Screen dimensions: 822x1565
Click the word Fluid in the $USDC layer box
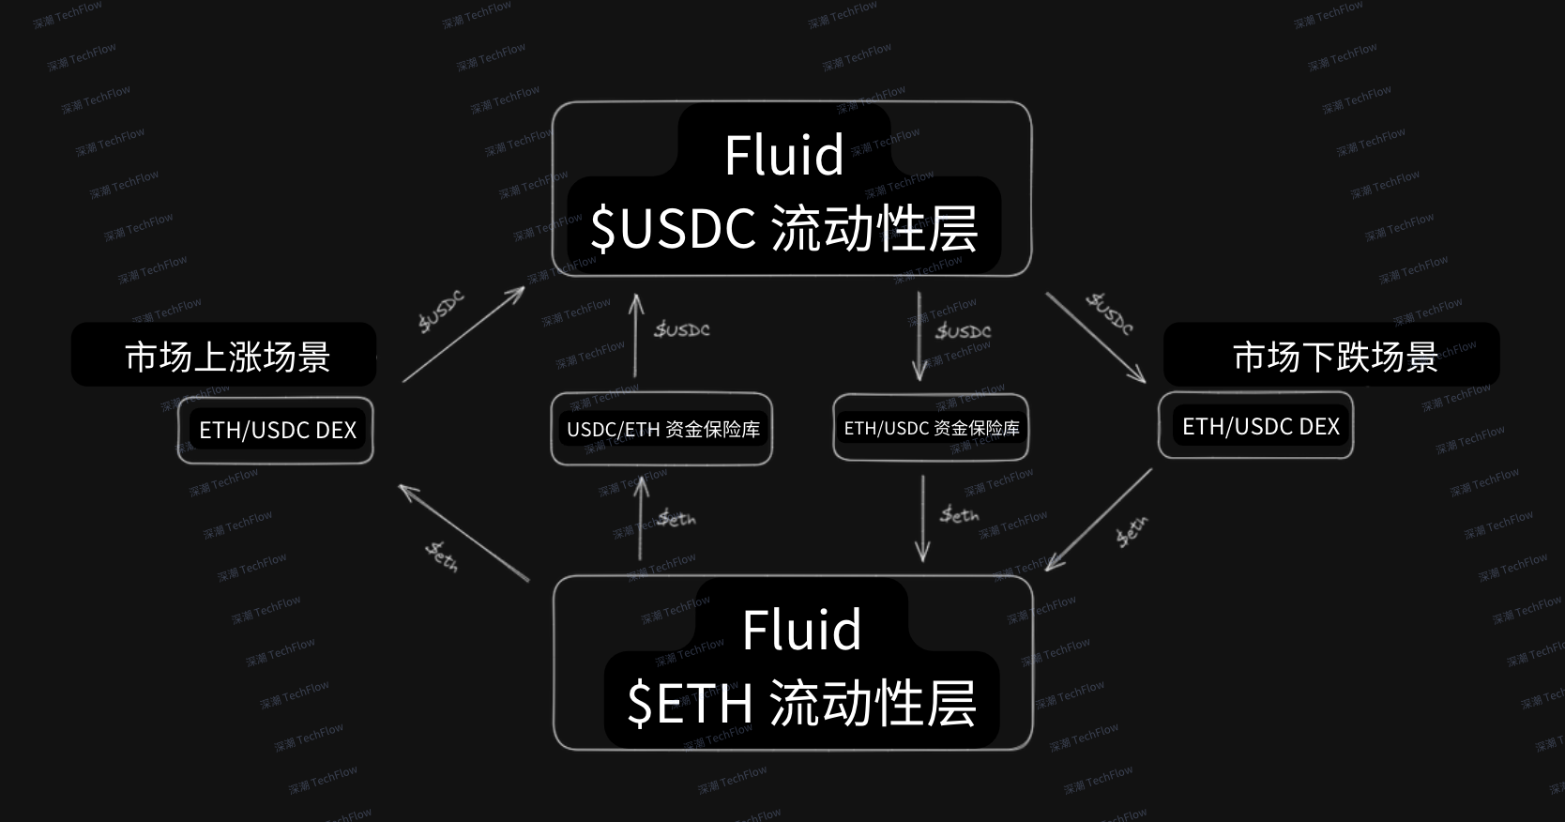(x=783, y=155)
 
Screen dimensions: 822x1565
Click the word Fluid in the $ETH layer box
(x=801, y=630)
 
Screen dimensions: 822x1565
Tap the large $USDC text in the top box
(x=673, y=228)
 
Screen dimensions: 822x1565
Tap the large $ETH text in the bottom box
(x=690, y=703)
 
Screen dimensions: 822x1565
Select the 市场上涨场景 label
(x=227, y=357)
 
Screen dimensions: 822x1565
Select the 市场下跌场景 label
(x=1334, y=357)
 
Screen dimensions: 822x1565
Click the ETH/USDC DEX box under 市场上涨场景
(x=277, y=430)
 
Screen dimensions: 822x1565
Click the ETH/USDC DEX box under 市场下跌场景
(x=1259, y=426)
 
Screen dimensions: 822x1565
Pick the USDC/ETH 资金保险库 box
(x=662, y=429)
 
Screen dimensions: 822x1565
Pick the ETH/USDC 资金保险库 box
(x=931, y=428)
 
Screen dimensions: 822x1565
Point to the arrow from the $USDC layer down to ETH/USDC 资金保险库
(x=919, y=336)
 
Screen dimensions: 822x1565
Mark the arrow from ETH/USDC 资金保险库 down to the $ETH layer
(x=922, y=518)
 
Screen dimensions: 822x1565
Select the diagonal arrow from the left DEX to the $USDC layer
(x=463, y=334)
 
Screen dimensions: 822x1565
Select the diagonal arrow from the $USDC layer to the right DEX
(x=1096, y=338)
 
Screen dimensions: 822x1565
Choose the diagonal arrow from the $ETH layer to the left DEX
(x=463, y=532)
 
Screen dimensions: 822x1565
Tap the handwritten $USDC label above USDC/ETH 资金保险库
(x=682, y=329)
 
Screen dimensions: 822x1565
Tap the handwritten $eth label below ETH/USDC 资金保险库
(x=960, y=514)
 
